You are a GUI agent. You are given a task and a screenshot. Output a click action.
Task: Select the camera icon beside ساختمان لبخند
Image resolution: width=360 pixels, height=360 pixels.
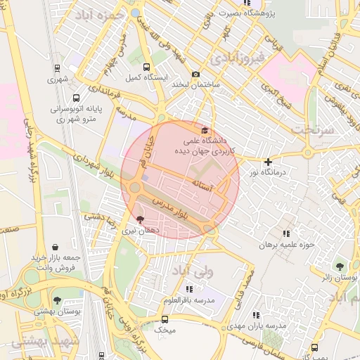point(195,75)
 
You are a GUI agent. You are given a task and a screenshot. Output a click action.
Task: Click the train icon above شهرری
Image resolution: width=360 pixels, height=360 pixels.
point(56,69)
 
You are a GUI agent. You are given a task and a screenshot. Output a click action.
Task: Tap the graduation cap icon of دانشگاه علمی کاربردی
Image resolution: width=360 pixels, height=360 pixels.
point(205,130)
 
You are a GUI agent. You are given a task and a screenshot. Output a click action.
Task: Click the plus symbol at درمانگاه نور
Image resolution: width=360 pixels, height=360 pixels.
point(268,162)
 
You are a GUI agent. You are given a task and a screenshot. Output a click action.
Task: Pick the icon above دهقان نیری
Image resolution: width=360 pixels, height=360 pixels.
point(139,219)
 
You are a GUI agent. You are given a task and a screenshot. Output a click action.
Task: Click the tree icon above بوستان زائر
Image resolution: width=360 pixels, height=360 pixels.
point(340,267)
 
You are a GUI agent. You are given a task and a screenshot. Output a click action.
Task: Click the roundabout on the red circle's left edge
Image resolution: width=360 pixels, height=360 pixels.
point(134,188)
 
